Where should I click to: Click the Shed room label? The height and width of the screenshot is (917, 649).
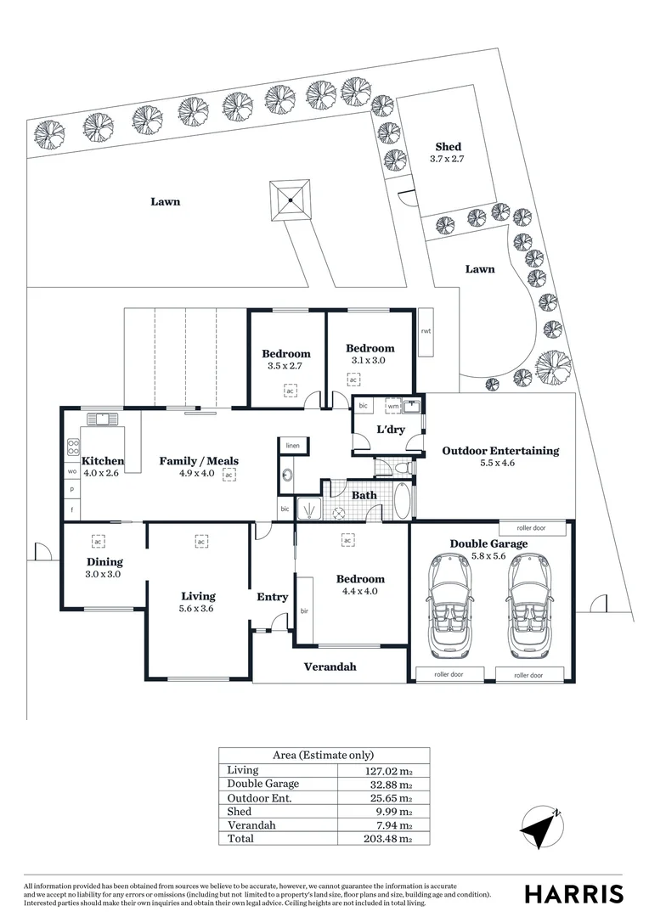[x=448, y=147]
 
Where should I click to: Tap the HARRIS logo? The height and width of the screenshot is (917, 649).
[x=573, y=894]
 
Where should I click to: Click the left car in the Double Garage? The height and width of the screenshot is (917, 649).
[x=451, y=604]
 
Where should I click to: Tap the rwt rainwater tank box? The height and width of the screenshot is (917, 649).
[x=426, y=330]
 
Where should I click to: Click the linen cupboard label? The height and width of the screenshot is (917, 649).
[x=293, y=445]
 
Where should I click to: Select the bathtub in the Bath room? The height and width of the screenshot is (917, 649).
[x=402, y=501]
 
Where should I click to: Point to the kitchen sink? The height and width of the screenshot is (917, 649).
[x=101, y=418]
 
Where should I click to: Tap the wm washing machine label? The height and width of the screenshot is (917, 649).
[x=393, y=406]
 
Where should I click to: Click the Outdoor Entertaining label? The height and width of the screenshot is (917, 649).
[x=500, y=451]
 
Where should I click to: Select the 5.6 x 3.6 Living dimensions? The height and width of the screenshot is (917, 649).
[x=198, y=609]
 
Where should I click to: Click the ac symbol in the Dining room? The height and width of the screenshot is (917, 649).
[x=98, y=540]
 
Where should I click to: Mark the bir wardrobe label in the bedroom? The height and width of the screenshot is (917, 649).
[x=303, y=610]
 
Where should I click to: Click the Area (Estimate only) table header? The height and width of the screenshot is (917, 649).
[x=323, y=755]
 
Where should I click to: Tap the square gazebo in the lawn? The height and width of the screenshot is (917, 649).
[x=291, y=200]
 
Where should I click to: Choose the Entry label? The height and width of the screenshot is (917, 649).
[x=273, y=597]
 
